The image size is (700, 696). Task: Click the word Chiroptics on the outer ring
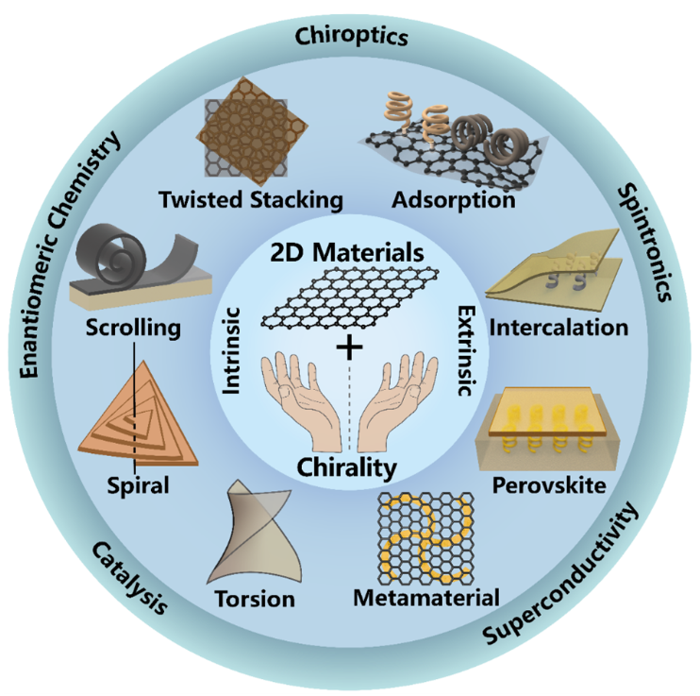351,37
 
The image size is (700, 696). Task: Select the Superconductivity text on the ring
561,573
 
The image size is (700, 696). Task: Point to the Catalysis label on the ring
130,578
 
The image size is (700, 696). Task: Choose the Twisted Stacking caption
251,200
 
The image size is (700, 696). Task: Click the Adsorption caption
454,200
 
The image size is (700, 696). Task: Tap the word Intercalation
558,328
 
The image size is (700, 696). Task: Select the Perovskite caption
549,485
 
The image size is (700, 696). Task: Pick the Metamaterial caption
426,598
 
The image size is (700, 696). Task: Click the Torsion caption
256,599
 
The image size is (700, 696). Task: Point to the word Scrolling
133,328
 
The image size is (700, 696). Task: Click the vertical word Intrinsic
231,351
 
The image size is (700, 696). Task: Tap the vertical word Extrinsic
467,351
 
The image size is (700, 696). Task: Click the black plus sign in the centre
349,347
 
